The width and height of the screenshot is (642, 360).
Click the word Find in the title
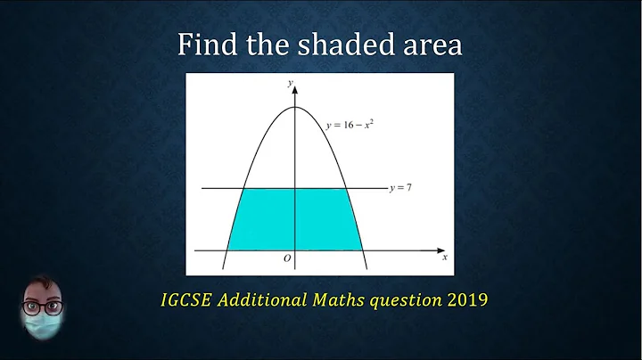coord(208,45)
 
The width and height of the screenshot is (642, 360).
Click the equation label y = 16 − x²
coord(350,126)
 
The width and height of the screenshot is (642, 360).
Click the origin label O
coord(286,258)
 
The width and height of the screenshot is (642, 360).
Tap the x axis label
coord(444,258)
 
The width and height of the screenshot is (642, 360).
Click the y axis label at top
coord(290,82)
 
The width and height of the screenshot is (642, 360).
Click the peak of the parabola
coord(294,108)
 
